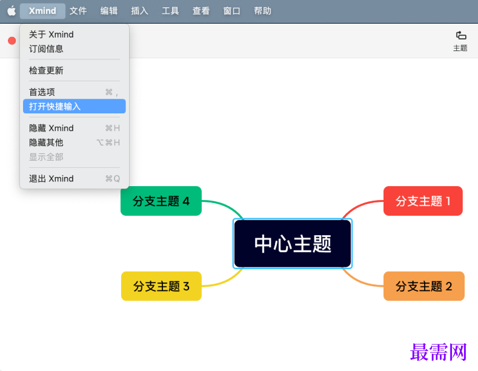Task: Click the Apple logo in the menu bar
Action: click(x=12, y=11)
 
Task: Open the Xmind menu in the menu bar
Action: click(x=42, y=11)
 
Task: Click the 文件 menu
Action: click(x=78, y=11)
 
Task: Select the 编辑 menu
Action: click(x=109, y=11)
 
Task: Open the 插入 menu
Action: click(x=140, y=11)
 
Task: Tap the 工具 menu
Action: click(x=170, y=11)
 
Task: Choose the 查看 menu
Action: click(x=201, y=11)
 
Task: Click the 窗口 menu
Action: click(x=232, y=11)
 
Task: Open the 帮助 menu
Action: click(x=263, y=11)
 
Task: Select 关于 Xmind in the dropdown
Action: click(x=51, y=35)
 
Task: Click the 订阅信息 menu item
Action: click(x=47, y=48)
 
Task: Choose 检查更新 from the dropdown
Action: click(x=47, y=70)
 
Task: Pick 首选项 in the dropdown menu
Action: click(x=42, y=92)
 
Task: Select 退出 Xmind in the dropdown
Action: click(x=51, y=179)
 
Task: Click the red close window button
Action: click(x=12, y=41)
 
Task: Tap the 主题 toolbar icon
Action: click(x=460, y=40)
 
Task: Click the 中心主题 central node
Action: click(x=293, y=244)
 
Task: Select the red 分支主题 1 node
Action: click(x=423, y=201)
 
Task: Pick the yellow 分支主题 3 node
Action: click(x=161, y=286)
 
